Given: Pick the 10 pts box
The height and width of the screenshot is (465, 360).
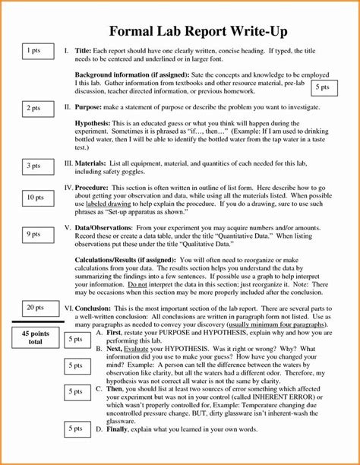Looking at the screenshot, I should (35, 198).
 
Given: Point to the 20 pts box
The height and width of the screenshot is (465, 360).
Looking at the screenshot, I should (35, 308).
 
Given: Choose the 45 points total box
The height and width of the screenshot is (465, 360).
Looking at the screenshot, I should (36, 337).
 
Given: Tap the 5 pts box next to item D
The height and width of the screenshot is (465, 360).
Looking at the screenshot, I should (75, 429).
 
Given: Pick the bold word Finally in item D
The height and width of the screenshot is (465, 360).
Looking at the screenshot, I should (119, 429).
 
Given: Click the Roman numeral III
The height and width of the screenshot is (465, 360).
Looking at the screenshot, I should (69, 164).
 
